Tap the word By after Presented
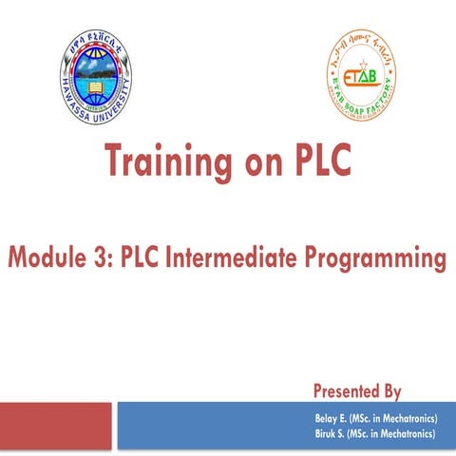389,391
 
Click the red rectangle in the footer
56,424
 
